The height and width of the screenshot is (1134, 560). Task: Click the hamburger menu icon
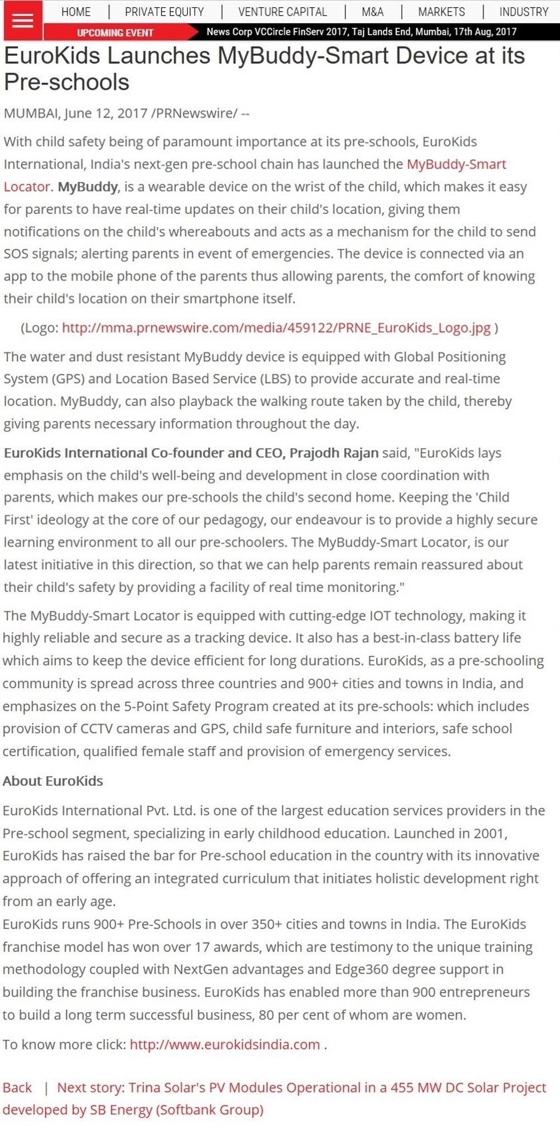(x=22, y=21)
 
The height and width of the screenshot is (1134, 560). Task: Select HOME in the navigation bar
(x=76, y=12)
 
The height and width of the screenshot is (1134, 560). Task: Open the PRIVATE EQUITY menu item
(x=164, y=12)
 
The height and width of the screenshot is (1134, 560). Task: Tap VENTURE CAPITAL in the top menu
(x=282, y=12)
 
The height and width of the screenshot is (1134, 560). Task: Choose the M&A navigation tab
(x=372, y=12)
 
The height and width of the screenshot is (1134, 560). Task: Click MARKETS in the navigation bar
(x=442, y=12)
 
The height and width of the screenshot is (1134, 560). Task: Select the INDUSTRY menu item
(x=524, y=12)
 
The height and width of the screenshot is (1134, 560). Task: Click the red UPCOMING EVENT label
(x=115, y=33)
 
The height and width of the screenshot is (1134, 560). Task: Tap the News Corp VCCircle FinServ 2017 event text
(x=361, y=32)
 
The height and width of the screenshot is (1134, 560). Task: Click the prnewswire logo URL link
(x=276, y=328)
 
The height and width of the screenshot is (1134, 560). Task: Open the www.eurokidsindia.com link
(x=225, y=1044)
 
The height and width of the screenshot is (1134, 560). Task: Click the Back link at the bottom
(x=17, y=1088)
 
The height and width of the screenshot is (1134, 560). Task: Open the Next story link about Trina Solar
(x=301, y=1088)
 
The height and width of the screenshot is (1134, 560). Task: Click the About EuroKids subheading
(x=53, y=781)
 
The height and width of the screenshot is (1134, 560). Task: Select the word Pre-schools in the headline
(x=67, y=82)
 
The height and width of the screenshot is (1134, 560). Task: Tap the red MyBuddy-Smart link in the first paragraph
(x=456, y=164)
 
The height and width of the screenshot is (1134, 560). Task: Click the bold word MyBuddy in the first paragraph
(x=88, y=186)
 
